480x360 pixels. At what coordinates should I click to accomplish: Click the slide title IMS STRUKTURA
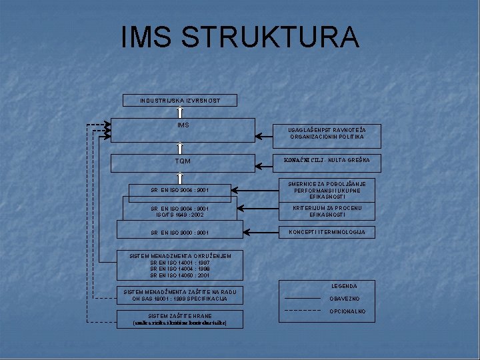[x=240, y=37]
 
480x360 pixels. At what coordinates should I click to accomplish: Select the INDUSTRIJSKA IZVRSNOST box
[x=180, y=101]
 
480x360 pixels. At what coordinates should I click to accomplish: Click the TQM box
[x=183, y=162]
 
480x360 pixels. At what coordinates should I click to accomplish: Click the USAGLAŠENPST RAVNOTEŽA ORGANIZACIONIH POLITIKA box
[x=327, y=133]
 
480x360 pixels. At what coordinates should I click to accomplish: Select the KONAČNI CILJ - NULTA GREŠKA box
[x=327, y=161]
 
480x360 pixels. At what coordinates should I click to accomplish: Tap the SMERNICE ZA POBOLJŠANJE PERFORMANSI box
[x=327, y=190]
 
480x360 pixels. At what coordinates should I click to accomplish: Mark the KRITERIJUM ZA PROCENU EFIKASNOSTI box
[x=327, y=211]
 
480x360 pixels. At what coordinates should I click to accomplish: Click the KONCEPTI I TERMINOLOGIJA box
[x=327, y=232]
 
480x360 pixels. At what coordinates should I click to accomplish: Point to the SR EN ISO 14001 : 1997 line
[x=180, y=262]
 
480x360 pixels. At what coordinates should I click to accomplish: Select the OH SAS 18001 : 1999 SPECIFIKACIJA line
[x=181, y=299]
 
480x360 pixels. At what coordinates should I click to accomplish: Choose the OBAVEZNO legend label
[x=344, y=299]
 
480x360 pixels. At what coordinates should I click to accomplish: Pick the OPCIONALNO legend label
[x=347, y=311]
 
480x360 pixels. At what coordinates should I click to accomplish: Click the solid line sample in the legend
[x=302, y=298]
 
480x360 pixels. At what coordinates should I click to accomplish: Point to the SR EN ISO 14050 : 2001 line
[x=180, y=275]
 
